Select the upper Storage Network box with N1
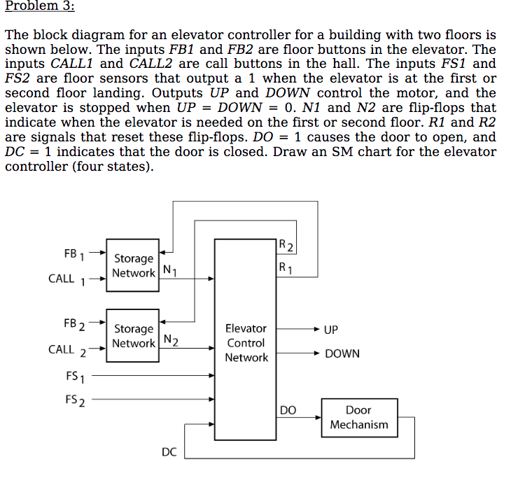(133, 265)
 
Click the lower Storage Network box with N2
(133, 335)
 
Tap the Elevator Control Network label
(246, 343)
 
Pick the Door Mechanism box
(358, 417)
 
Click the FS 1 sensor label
(75, 377)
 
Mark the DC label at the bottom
(169, 452)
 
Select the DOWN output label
(342, 353)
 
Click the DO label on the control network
(287, 410)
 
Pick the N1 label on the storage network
(169, 271)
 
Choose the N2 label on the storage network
(171, 341)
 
